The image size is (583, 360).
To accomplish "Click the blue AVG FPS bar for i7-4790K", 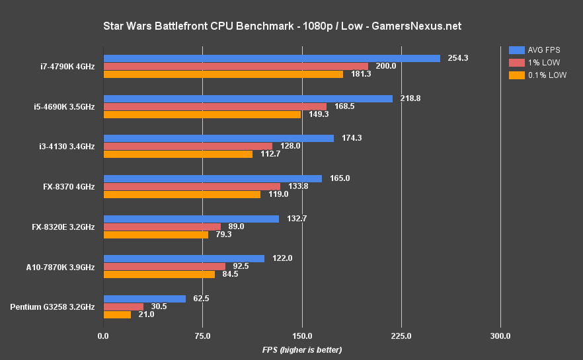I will coord(271,58).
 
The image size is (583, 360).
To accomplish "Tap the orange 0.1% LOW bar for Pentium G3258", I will coord(117,314).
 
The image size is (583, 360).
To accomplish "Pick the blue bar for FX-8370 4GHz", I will coord(212,178).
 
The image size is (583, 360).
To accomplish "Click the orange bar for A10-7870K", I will coord(159,274).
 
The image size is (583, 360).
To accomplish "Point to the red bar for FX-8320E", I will coord(162,227).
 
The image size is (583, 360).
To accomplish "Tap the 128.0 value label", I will coord(290,146).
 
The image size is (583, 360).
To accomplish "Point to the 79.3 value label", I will coord(223,234).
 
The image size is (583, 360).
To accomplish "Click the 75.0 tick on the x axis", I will coord(202,336).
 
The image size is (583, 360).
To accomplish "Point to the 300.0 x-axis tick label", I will coord(500,336).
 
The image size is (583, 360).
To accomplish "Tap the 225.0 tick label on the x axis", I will coord(401,336).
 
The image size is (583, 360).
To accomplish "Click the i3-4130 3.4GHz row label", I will coord(67,147).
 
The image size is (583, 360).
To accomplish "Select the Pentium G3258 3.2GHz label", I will coord(53,306).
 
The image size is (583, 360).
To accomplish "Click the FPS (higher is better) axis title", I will coord(301,349).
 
